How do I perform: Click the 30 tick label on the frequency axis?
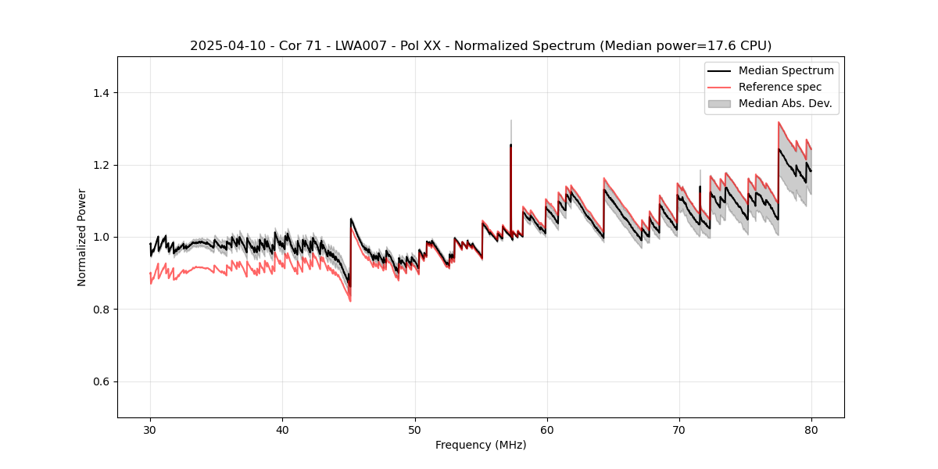[x=150, y=429]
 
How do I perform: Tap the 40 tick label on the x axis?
[x=282, y=429]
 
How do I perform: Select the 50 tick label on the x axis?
[x=414, y=429]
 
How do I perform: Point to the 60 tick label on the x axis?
[x=546, y=429]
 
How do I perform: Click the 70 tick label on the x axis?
[x=678, y=429]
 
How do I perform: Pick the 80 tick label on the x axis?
[x=811, y=429]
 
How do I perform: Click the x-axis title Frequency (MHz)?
[x=481, y=445]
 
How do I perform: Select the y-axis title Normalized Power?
[x=81, y=237]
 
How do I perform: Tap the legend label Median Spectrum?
[x=786, y=70]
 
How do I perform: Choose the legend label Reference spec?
[x=780, y=87]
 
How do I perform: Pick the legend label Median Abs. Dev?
[x=785, y=103]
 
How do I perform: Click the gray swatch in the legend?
[x=719, y=103]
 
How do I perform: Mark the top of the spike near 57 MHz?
[x=510, y=121]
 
